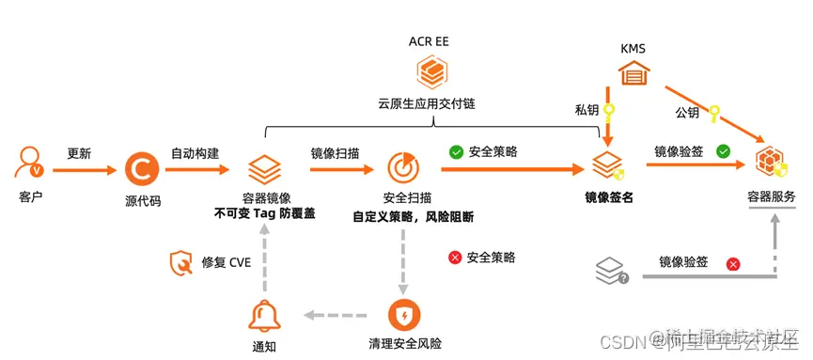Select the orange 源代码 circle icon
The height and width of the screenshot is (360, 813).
pyautogui.click(x=143, y=170)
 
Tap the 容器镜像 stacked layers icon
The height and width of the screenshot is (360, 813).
pyautogui.click(x=264, y=170)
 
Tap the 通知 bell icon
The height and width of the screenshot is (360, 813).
pyautogui.click(x=264, y=316)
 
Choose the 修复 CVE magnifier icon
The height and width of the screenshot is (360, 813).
pyautogui.click(x=180, y=261)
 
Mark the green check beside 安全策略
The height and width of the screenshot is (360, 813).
pyautogui.click(x=456, y=150)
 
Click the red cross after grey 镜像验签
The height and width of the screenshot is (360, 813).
pyautogui.click(x=733, y=264)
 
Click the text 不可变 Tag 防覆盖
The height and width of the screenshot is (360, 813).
pyautogui.click(x=264, y=214)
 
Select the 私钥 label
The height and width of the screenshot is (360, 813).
pyautogui.click(x=586, y=110)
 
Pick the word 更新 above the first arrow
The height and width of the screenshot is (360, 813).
pyautogui.click(x=79, y=153)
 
